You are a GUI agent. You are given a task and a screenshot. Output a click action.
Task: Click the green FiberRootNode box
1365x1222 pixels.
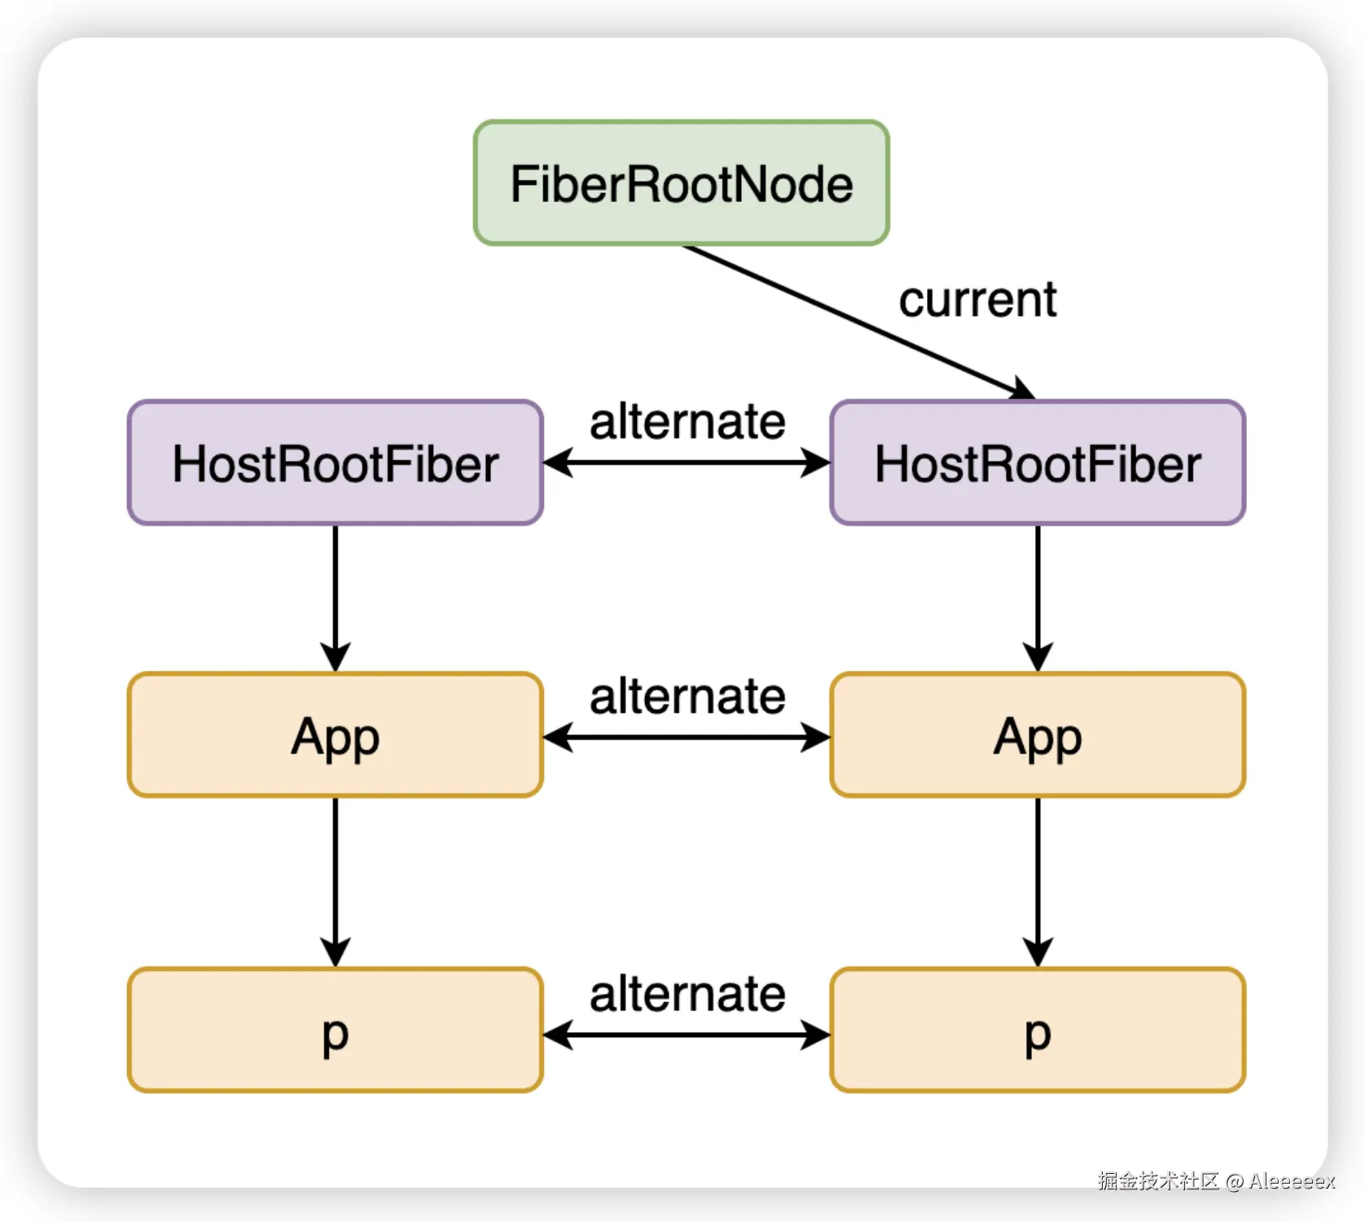(681, 182)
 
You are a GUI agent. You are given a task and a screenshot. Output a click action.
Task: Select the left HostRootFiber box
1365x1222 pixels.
(336, 463)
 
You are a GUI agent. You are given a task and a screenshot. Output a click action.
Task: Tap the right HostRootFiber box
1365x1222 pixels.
(1038, 463)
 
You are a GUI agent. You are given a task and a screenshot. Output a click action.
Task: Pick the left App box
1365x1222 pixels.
(336, 735)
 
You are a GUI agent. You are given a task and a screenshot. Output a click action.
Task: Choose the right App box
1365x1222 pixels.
(1038, 735)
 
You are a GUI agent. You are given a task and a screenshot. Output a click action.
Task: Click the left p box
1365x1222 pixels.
(336, 1030)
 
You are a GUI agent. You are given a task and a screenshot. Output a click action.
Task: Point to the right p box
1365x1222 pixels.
(1038, 1030)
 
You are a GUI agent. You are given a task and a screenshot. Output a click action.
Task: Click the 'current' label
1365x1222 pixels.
(977, 300)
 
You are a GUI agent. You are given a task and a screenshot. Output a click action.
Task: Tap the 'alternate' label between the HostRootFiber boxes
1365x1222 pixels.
(687, 421)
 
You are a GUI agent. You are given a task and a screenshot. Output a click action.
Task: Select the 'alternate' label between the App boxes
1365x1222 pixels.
(687, 697)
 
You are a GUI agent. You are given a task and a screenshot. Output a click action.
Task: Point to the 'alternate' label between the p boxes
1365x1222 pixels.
(687, 994)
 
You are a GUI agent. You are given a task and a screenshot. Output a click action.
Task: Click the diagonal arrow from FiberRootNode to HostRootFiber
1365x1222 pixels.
(859, 323)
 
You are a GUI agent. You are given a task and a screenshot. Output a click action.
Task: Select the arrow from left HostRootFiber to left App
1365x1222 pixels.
(336, 599)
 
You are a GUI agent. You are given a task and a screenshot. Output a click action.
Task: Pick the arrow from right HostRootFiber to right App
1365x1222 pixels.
(1038, 599)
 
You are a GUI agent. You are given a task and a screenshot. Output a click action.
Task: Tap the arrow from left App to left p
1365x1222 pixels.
(336, 882)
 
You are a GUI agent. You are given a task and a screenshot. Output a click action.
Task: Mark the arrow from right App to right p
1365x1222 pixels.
(1038, 882)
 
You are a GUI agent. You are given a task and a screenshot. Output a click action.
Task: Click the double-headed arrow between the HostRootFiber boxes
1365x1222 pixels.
(687, 464)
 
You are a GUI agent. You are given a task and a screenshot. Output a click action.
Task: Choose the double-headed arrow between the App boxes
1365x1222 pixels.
(687, 738)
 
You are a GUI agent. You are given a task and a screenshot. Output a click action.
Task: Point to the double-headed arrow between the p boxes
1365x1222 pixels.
(687, 1035)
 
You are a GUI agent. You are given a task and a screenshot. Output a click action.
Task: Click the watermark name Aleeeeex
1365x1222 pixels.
(1292, 1181)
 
